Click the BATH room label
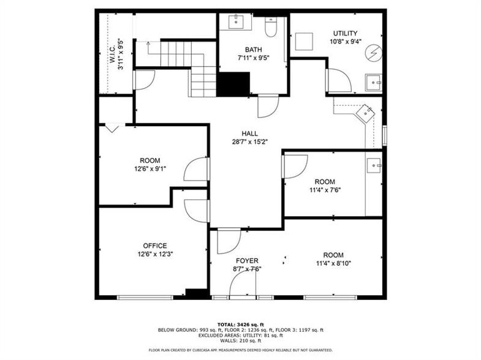(x=253, y=50)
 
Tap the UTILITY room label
(x=345, y=33)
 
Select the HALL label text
(x=249, y=133)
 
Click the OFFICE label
(x=154, y=246)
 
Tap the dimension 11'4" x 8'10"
(x=333, y=263)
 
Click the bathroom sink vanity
(x=237, y=22)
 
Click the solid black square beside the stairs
(x=233, y=84)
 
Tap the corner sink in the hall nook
(x=366, y=113)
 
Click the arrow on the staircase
(x=149, y=43)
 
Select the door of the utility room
(x=338, y=80)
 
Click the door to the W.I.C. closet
(x=144, y=81)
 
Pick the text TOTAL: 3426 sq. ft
(x=240, y=324)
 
